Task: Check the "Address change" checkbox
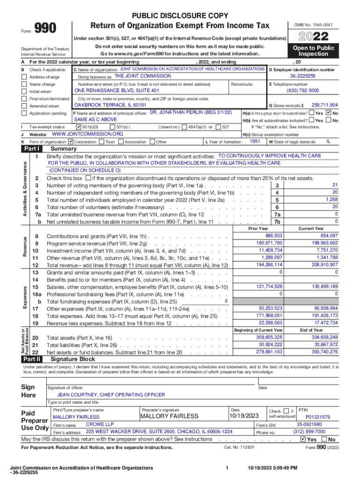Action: point(24,77)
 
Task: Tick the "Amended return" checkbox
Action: point(24,106)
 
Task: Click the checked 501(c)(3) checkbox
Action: point(78,127)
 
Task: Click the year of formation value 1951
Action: point(255,141)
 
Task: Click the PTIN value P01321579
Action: point(317,417)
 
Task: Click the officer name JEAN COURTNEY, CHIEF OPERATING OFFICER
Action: point(111,395)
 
